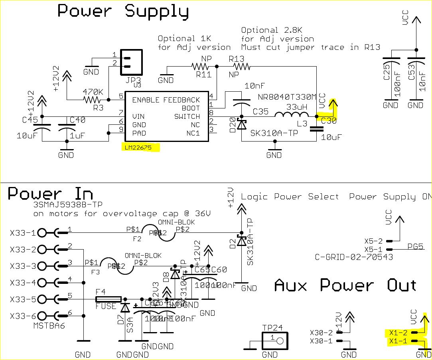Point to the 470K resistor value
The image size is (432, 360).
(93, 92)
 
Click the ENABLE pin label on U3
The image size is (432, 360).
(146, 100)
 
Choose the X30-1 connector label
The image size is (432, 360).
(321, 341)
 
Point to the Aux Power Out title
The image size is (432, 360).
(345, 285)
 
